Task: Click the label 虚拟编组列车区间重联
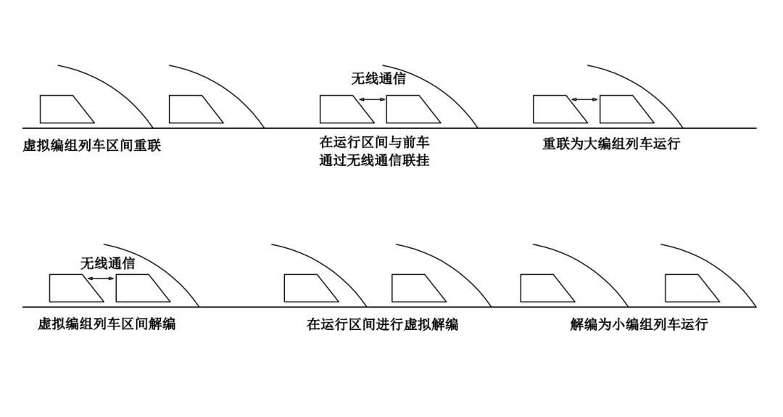(x=91, y=145)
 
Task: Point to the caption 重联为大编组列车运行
(x=611, y=144)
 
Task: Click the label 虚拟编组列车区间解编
(x=107, y=324)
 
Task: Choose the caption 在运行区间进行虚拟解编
(x=382, y=324)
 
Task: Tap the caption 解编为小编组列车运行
(x=639, y=324)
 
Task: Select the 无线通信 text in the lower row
(x=107, y=264)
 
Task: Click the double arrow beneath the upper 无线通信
(x=373, y=99)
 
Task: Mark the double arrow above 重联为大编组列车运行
(x=586, y=99)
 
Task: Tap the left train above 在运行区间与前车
(x=344, y=109)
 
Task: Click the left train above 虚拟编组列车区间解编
(x=73, y=288)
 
